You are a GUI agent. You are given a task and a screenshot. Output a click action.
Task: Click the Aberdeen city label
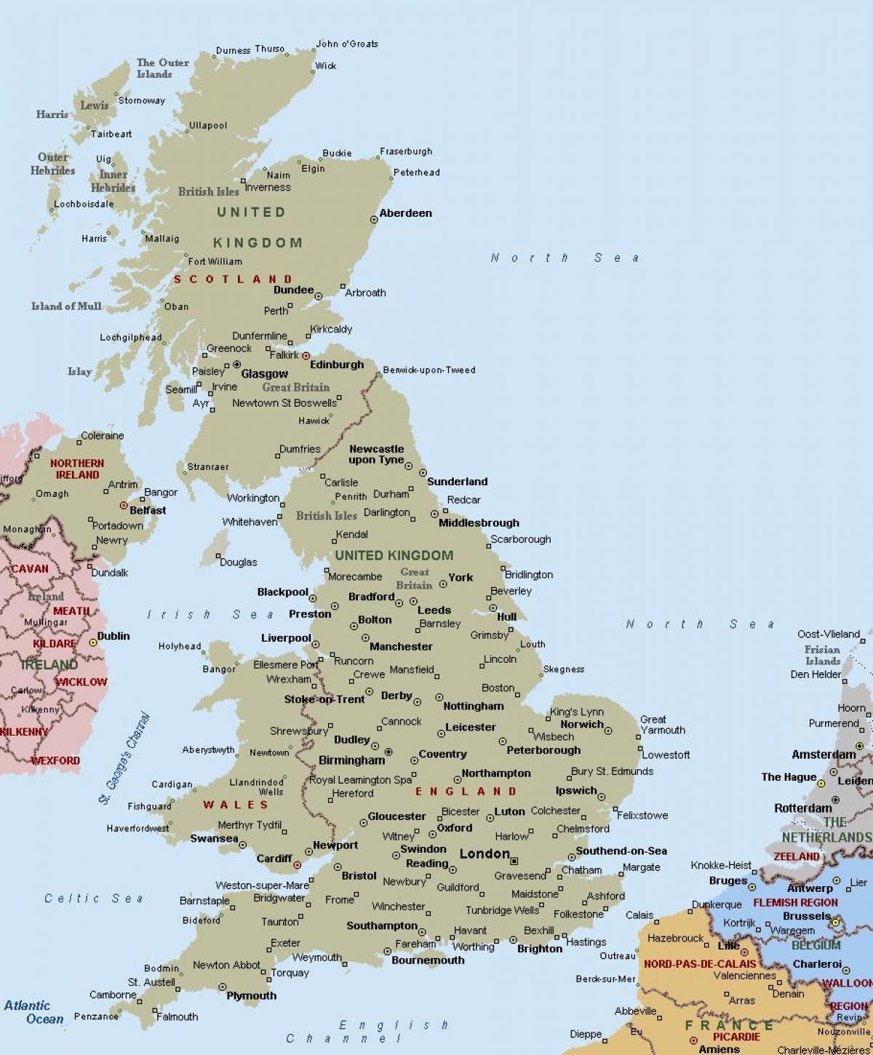coord(405,213)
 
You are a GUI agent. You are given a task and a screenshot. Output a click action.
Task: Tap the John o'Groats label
coord(347,44)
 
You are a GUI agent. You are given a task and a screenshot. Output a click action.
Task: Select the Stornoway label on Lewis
coord(141,100)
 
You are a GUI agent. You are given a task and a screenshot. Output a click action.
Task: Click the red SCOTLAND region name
coord(233,279)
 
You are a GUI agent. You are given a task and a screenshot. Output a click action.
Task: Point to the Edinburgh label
coord(336,365)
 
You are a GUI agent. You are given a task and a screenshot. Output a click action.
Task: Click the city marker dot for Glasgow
coord(236,365)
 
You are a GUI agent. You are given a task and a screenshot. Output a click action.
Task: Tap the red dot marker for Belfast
coord(124,505)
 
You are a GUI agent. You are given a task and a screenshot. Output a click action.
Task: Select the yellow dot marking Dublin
coord(93,642)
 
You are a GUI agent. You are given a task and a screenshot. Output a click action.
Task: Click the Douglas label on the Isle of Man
coord(238,562)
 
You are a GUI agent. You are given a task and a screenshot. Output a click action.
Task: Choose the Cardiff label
coord(274,859)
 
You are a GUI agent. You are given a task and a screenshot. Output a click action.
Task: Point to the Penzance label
coord(96,1016)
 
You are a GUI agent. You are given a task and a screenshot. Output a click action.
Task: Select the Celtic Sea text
coord(94,899)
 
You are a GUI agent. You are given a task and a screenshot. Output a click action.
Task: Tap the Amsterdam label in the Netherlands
coord(824,755)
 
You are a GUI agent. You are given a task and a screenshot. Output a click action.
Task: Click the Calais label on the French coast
coord(639,915)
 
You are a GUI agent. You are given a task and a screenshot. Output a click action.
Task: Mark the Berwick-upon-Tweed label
coord(429,370)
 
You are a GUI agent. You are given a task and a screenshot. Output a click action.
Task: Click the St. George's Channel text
coord(125,758)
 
